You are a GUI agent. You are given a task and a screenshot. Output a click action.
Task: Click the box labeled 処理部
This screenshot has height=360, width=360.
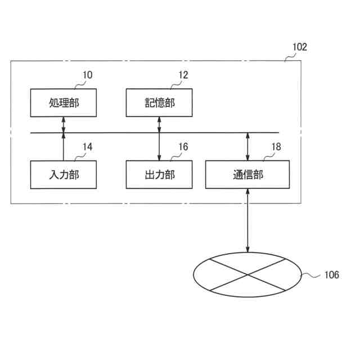[x=63, y=102]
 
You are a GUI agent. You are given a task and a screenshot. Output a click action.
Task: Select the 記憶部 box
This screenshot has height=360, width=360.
[x=159, y=102]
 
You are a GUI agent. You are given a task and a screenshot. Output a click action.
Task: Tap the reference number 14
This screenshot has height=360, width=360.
[x=87, y=147]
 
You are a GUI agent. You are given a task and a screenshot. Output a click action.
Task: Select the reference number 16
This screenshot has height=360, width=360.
[x=183, y=147]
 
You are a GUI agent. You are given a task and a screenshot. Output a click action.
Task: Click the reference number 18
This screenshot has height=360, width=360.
[x=276, y=147]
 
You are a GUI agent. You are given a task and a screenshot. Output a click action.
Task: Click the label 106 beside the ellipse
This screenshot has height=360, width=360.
[x=331, y=275]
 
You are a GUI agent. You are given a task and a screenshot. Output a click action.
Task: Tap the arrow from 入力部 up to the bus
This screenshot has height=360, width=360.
[x=63, y=147]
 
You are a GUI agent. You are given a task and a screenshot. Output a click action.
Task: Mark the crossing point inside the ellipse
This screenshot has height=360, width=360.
[x=247, y=275]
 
